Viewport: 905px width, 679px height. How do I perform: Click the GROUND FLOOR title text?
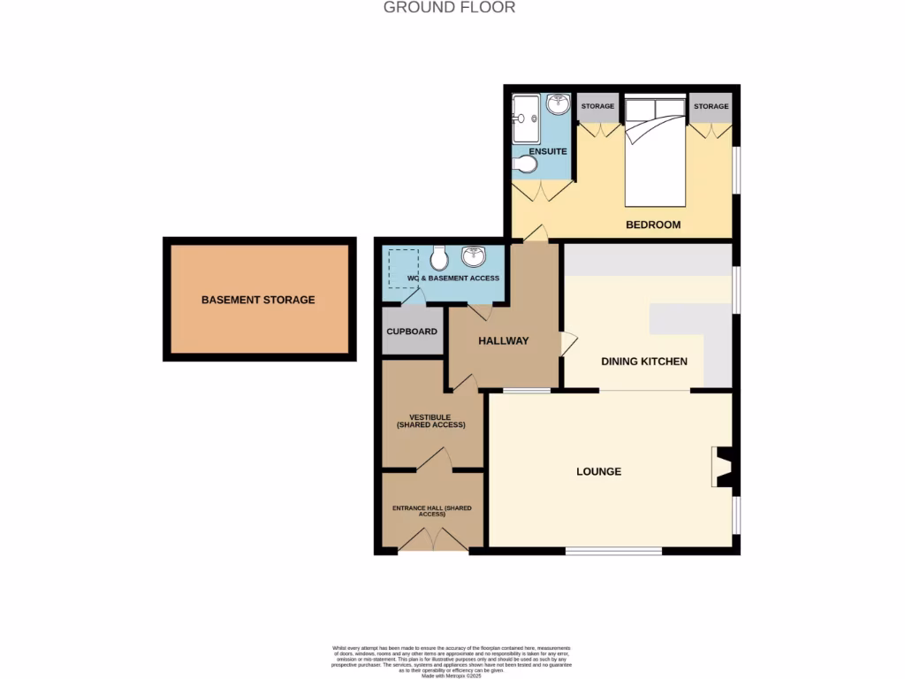click(449, 8)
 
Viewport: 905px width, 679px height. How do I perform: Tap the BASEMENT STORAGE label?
click(258, 300)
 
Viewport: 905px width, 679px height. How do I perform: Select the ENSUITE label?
click(548, 152)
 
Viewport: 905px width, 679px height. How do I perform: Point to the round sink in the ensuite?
click(558, 105)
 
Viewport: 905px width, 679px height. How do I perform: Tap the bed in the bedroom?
click(655, 150)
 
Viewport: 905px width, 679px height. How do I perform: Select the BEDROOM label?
click(653, 225)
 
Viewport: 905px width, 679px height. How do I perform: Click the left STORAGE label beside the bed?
click(597, 107)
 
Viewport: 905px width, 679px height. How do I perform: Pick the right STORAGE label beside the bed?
click(711, 107)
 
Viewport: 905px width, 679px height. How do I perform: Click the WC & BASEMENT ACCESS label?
click(452, 278)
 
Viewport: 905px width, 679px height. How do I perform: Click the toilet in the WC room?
click(438, 258)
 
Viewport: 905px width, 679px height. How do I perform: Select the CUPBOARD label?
click(412, 332)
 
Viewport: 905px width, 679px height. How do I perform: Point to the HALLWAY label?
click(503, 341)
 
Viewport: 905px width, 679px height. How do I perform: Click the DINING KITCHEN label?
click(644, 362)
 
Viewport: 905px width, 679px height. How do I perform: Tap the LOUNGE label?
click(598, 471)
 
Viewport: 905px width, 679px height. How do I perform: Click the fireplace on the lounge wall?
click(722, 468)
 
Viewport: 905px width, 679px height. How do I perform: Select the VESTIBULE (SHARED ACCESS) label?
click(430, 421)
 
